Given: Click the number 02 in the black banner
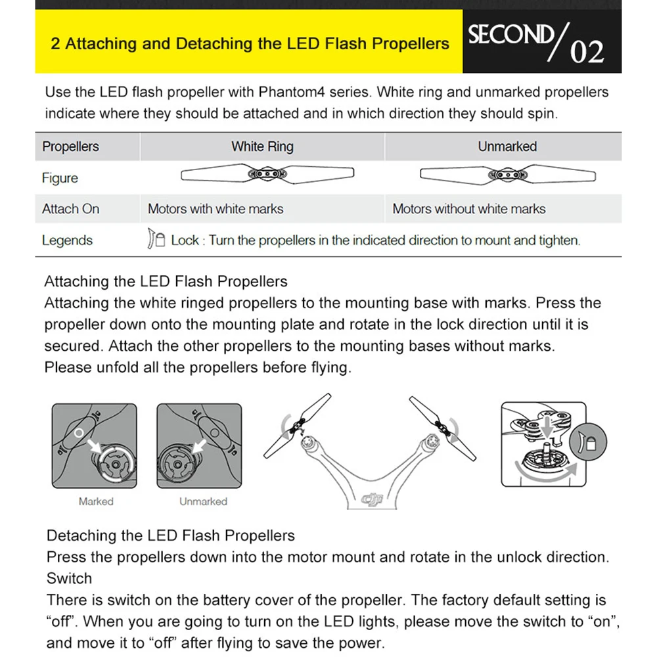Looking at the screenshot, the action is click(587, 52).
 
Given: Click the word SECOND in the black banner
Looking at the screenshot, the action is click(510, 34).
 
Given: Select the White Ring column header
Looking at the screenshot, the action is click(262, 147).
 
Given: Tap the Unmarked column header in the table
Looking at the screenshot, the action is click(507, 147).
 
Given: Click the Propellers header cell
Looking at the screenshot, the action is click(70, 147).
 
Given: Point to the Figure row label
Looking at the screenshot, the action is click(60, 178).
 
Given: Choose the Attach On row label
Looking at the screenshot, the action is click(70, 209).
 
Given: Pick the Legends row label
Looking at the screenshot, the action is click(67, 240).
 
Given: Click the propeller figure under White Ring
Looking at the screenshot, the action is click(267, 173).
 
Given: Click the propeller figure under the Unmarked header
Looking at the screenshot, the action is click(507, 174).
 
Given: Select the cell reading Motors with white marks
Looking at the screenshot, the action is click(215, 209).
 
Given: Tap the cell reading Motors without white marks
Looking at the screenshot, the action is click(469, 209).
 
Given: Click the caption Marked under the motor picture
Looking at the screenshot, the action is click(96, 501).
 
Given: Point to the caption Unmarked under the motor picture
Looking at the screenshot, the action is click(203, 501).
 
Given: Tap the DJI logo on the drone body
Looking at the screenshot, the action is click(372, 499).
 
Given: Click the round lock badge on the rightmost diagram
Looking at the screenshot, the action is click(588, 442).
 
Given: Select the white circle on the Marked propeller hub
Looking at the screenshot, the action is click(79, 433).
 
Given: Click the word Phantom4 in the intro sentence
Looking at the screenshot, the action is click(291, 92).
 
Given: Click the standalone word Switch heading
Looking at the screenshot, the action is click(69, 579).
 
